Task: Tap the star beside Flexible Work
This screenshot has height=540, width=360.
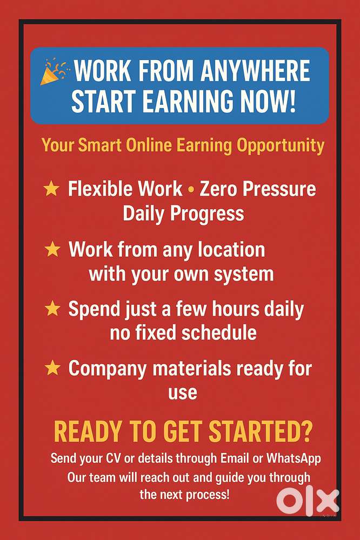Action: (51, 189)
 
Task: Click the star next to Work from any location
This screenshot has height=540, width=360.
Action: (52, 249)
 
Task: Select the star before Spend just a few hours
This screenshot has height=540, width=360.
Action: (52, 309)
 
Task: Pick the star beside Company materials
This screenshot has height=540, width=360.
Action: (52, 369)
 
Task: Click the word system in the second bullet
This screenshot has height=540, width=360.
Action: (243, 274)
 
